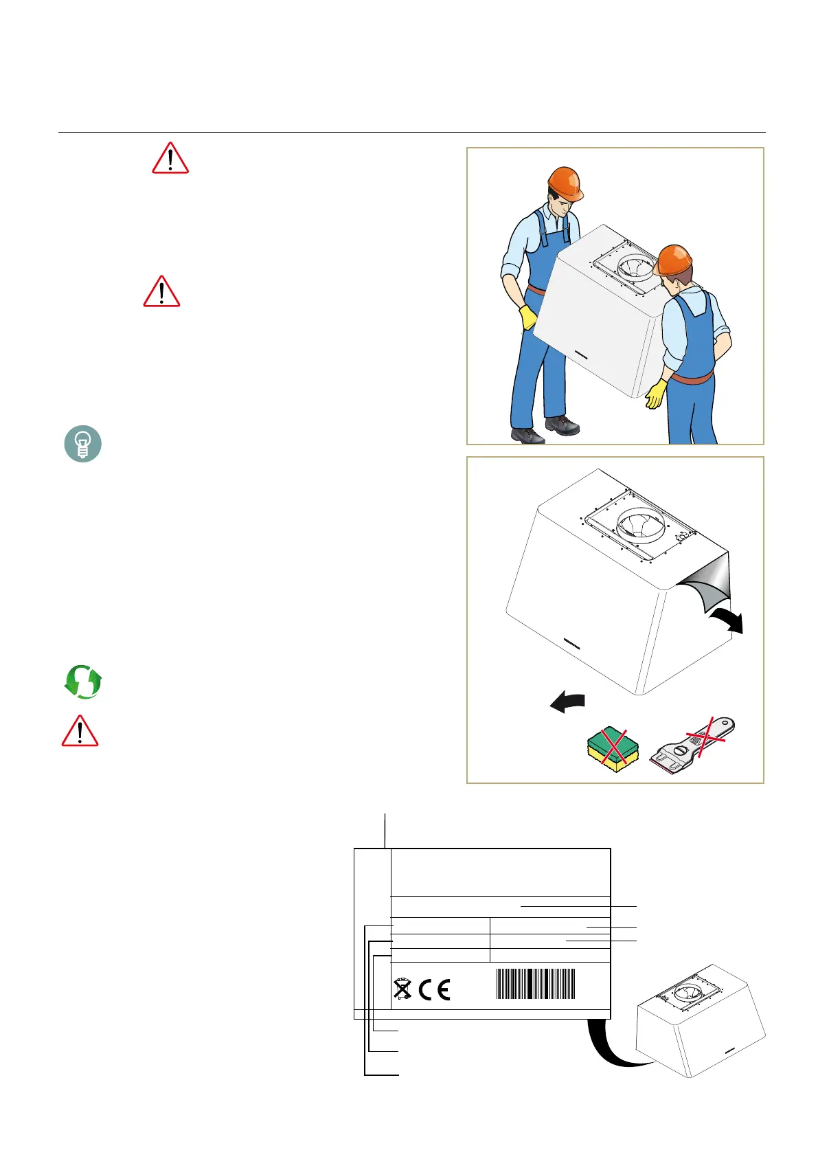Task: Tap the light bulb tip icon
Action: click(x=83, y=444)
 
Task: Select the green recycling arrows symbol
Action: click(x=83, y=682)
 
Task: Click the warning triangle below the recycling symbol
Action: click(x=80, y=731)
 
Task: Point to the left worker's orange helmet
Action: click(x=565, y=182)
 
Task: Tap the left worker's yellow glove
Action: click(x=527, y=317)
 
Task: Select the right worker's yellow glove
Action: click(x=656, y=394)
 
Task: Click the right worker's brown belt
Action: click(x=692, y=377)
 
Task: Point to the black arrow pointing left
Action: click(x=567, y=702)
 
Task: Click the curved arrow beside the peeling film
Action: click(x=727, y=620)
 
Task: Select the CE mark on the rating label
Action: click(x=434, y=989)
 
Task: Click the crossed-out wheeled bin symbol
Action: click(x=402, y=989)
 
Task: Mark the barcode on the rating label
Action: click(x=535, y=984)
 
